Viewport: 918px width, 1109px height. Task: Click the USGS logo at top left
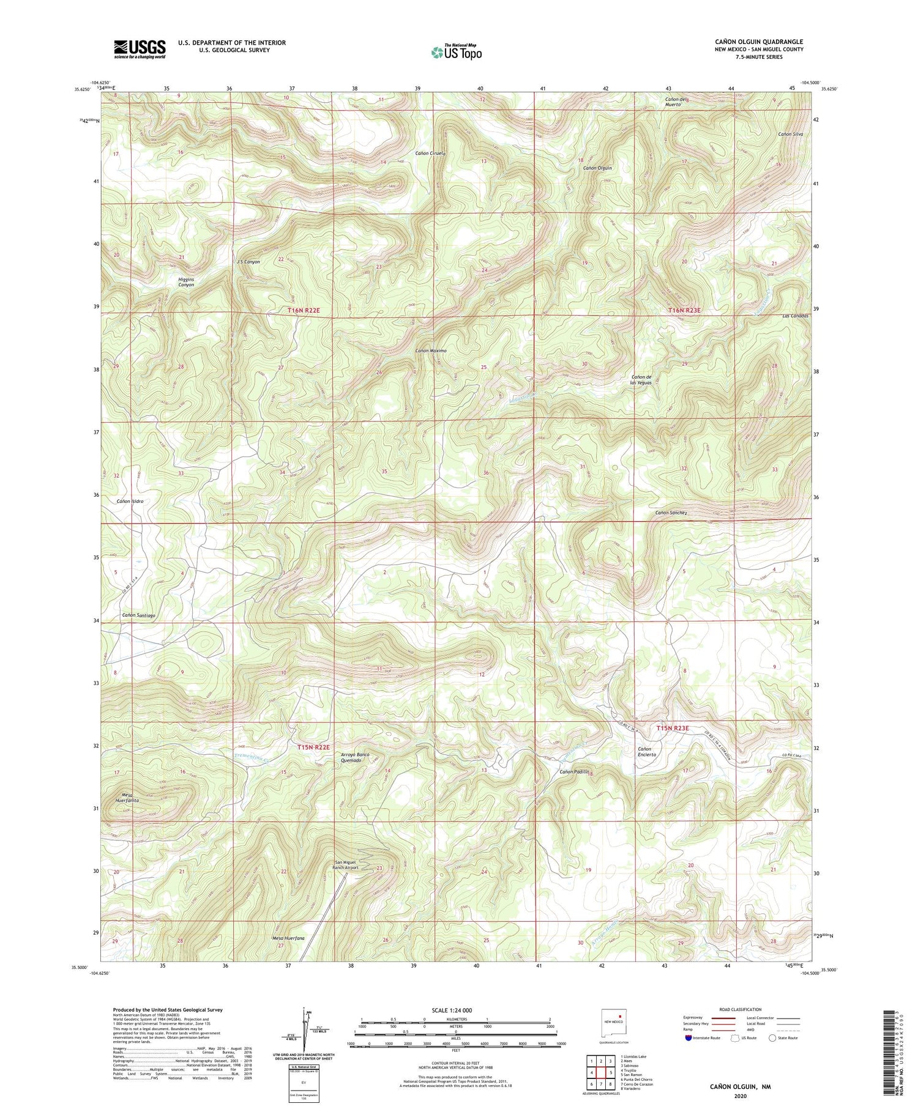140,49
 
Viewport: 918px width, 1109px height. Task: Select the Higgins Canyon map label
186,282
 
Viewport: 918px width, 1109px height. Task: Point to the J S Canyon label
248,261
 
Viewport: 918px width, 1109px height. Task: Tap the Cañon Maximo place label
431,351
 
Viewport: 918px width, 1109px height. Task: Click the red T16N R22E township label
304,311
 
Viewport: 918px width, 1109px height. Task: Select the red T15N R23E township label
673,728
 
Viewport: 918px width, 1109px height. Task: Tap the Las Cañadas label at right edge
796,316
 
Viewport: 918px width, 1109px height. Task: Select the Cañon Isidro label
130,501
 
